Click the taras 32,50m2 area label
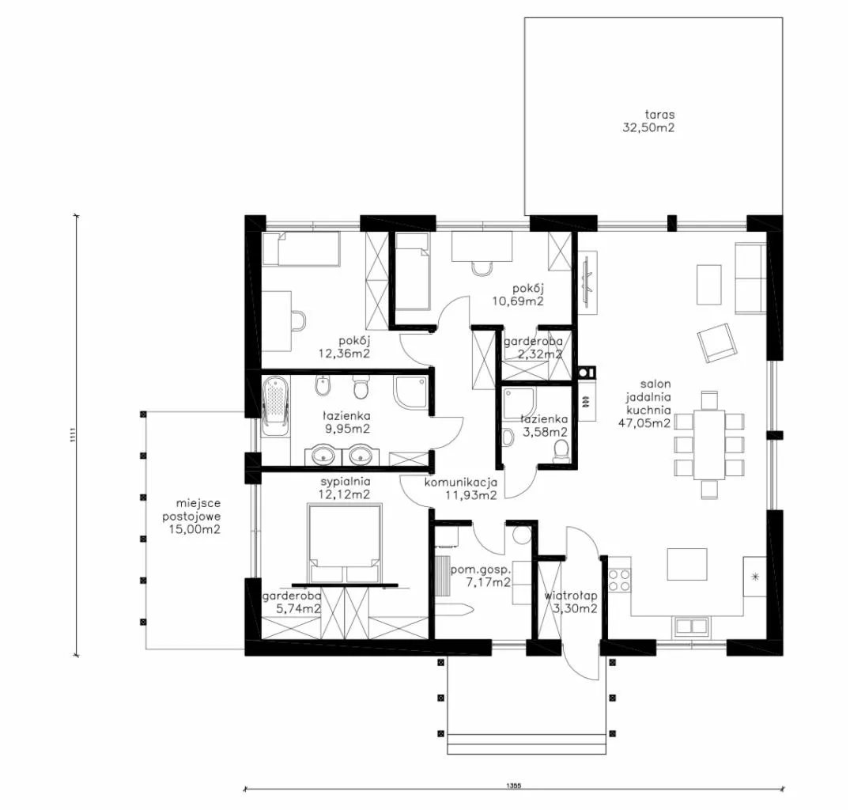[649, 122]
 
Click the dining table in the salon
[709, 445]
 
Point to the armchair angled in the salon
[717, 343]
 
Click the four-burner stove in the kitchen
[620, 580]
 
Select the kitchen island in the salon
[687, 564]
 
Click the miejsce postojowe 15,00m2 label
[192, 517]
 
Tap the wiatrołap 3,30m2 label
[572, 602]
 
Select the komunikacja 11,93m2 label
[461, 489]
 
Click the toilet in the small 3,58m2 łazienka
[561, 451]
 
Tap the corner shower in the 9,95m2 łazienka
[413, 393]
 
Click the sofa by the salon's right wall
[751, 278]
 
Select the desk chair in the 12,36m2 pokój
[297, 320]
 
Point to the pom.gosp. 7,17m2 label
[481, 577]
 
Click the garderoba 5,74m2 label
[292, 602]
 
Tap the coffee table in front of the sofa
[709, 285]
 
